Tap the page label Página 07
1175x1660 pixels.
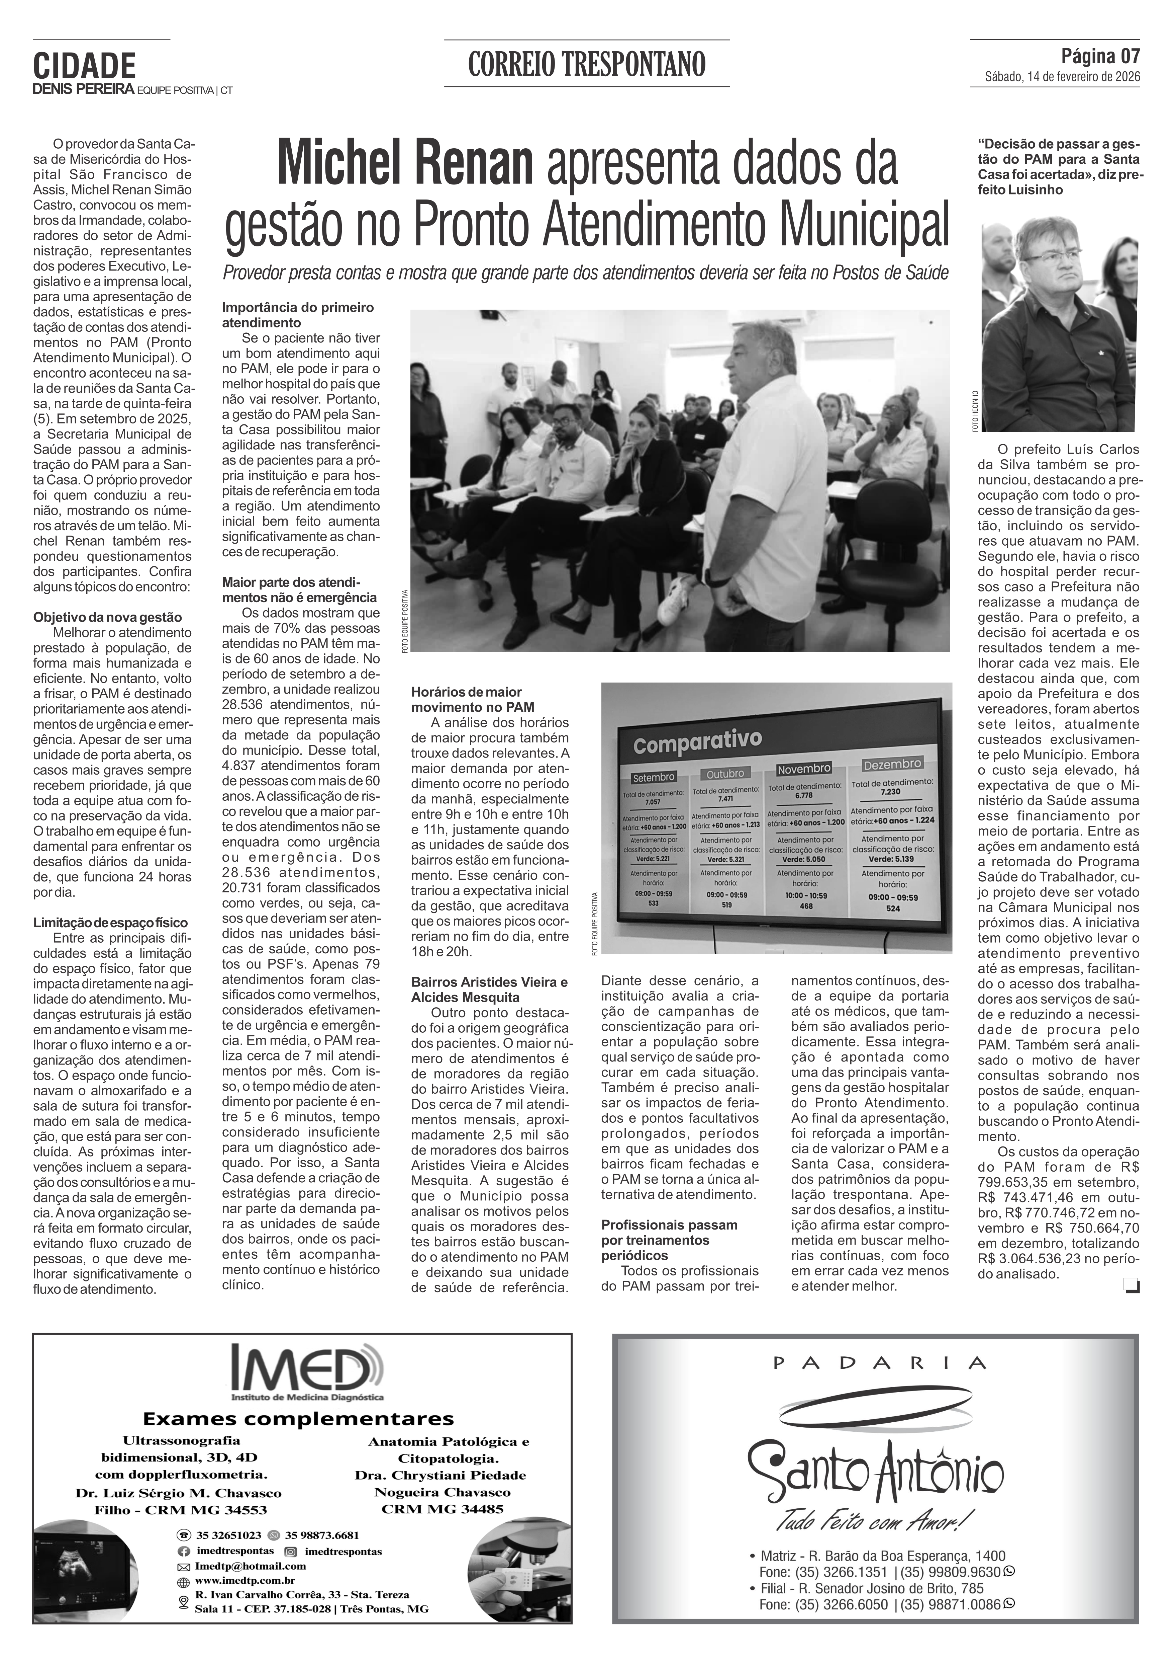pos(1100,56)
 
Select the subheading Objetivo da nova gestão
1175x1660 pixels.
pos(108,617)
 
